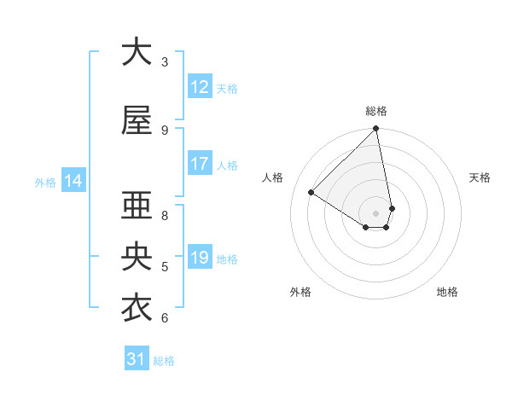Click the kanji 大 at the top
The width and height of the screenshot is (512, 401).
[x=137, y=52]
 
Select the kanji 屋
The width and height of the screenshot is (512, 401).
[x=137, y=120]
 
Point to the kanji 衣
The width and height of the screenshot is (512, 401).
[x=137, y=308]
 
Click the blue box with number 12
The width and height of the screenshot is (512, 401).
[x=200, y=87]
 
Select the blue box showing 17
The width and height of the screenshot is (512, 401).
[x=200, y=164]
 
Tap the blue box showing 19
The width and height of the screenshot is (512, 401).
[x=200, y=258]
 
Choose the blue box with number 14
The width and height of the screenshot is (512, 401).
[x=73, y=181]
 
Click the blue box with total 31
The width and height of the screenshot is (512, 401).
[x=137, y=359]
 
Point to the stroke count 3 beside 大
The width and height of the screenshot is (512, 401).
[x=165, y=62]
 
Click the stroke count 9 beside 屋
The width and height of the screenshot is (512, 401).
[x=165, y=131]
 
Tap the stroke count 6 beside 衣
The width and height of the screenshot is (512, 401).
[x=165, y=318]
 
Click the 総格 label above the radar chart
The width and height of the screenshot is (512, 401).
[x=376, y=111]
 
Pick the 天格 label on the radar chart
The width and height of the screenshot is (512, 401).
[x=480, y=177]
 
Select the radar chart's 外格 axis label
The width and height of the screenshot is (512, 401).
[x=300, y=292]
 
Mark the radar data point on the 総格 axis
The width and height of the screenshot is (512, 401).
[x=376, y=130]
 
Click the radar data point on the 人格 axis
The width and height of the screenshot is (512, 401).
[x=311, y=192]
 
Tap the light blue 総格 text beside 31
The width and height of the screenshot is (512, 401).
[x=164, y=361]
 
